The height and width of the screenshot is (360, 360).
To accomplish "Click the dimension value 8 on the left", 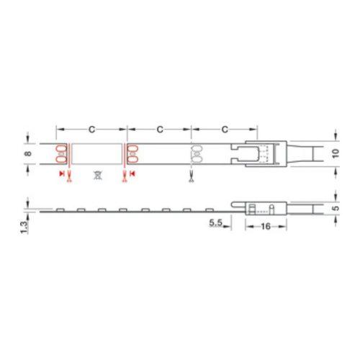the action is [28, 153].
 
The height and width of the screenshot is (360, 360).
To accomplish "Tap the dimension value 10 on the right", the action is [336, 153].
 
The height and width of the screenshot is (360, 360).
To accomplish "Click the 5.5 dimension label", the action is [216, 222].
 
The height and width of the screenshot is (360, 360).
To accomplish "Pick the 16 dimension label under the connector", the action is [266, 226].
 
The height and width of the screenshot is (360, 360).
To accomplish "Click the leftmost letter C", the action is [91, 130].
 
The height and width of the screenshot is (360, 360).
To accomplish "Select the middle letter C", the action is [160, 130].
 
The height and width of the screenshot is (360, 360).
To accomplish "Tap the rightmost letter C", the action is [225, 130].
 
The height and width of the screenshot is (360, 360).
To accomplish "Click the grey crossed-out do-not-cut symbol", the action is [98, 175].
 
